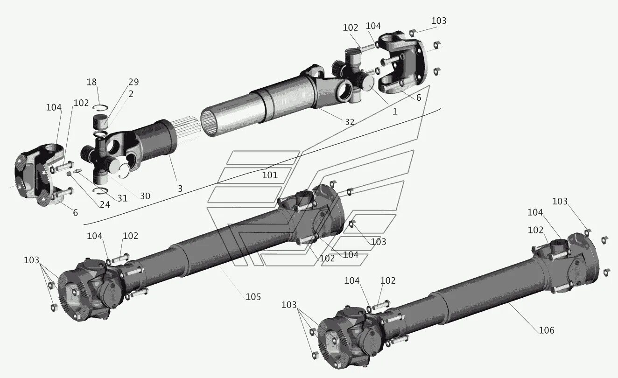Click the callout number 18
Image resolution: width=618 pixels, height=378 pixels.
[x=91, y=82]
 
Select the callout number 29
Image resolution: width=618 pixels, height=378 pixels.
[x=133, y=82]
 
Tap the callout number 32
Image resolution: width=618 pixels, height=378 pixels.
[x=350, y=122]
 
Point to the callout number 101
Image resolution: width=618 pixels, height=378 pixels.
[x=270, y=175]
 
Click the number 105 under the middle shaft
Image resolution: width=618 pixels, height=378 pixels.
[x=253, y=297]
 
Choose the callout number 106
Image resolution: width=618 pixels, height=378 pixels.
[x=546, y=330]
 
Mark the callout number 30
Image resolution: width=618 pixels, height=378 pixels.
[x=145, y=196]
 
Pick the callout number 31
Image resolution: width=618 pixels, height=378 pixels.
[x=122, y=198]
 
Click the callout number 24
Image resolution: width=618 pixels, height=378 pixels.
[x=105, y=204]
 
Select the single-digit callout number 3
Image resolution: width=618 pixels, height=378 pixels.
[x=180, y=189]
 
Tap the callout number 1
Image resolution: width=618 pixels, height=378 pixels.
[x=395, y=112]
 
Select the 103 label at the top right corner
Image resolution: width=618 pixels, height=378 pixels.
[x=439, y=21]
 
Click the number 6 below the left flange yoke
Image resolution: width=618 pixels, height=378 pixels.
[x=75, y=213]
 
